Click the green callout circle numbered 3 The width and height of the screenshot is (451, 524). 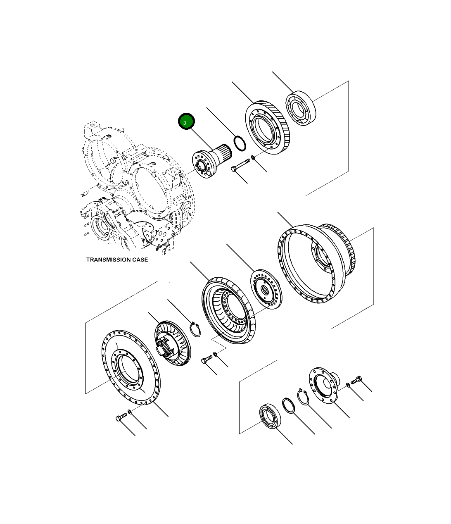tap(186, 121)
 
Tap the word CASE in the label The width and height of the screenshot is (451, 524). tap(141, 260)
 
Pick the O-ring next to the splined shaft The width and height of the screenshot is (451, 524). tap(240, 143)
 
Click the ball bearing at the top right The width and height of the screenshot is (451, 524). tap(301, 108)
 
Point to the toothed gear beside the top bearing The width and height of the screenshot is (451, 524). tap(268, 127)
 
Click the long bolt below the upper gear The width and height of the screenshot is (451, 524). tap(240, 164)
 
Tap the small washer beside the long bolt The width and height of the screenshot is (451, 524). tap(253, 158)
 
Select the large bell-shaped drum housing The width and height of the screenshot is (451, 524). tap(317, 264)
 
